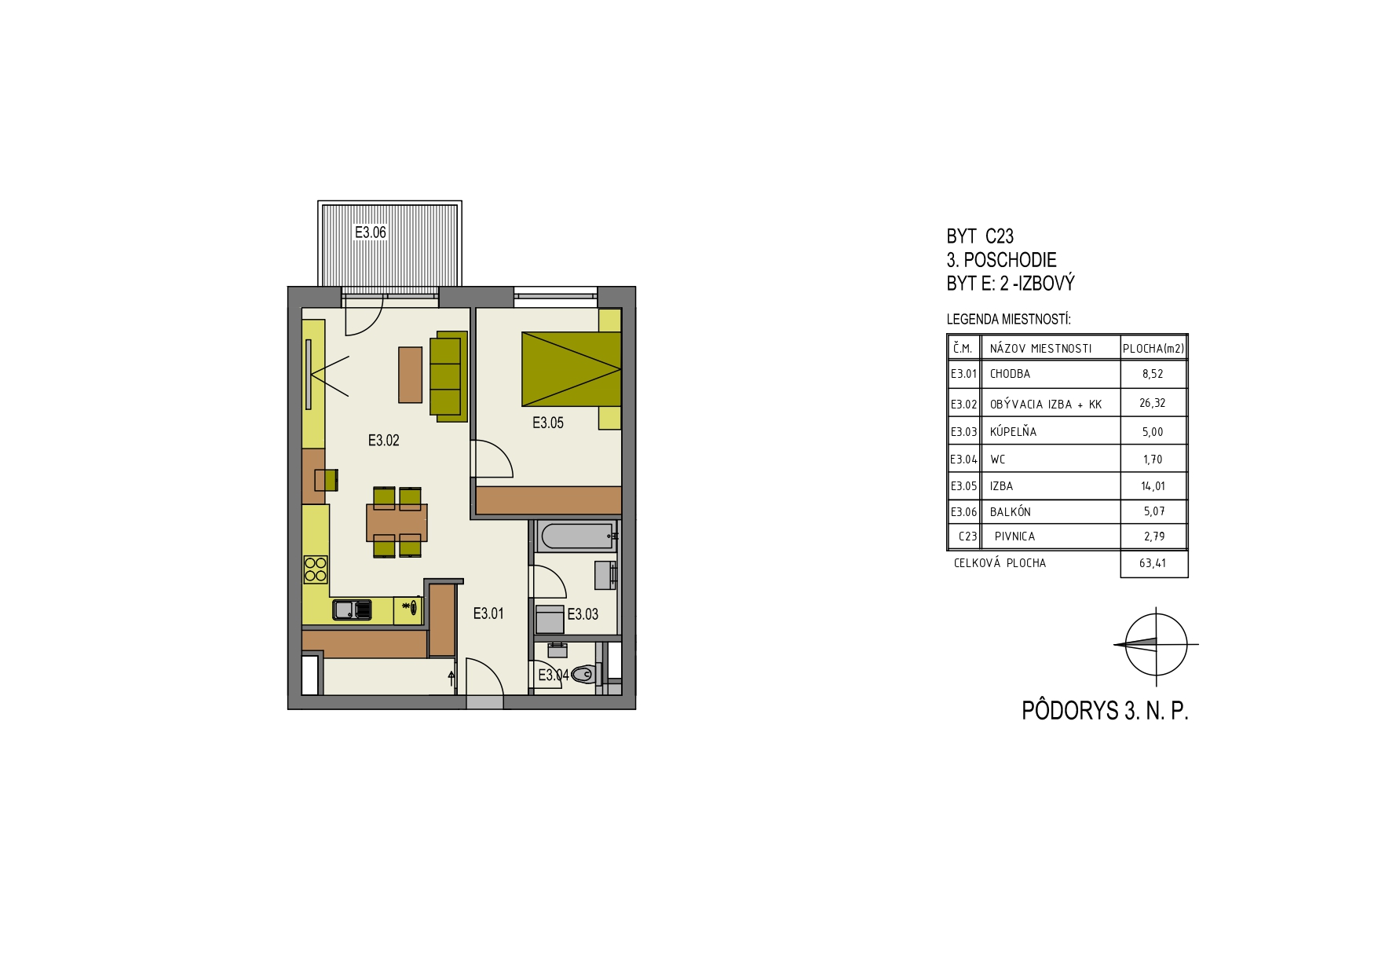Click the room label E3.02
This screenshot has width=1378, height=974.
tap(383, 441)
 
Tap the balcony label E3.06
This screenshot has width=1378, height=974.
tap(371, 233)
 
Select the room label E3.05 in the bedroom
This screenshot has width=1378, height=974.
tap(548, 423)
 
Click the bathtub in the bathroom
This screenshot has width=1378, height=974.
tap(576, 536)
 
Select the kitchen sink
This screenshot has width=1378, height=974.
tap(352, 610)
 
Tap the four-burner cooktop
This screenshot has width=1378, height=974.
tap(316, 569)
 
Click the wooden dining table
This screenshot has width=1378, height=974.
tap(397, 522)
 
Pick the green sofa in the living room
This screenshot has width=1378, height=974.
tap(448, 376)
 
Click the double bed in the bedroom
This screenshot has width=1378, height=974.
tap(572, 369)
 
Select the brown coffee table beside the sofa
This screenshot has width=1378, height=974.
tap(410, 375)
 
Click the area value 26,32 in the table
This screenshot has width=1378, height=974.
tap(1153, 403)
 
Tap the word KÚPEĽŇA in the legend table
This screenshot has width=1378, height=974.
tap(1013, 431)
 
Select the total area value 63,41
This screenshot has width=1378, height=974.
tap(1153, 563)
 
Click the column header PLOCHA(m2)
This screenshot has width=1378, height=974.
tap(1153, 349)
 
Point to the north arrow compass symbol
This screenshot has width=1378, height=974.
tap(1156, 644)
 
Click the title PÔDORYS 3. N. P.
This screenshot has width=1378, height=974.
tap(1105, 710)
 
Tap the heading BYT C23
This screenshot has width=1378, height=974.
tap(980, 236)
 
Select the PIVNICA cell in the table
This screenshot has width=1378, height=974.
tap(1014, 536)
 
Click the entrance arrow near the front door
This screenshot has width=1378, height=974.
tap(451, 679)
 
